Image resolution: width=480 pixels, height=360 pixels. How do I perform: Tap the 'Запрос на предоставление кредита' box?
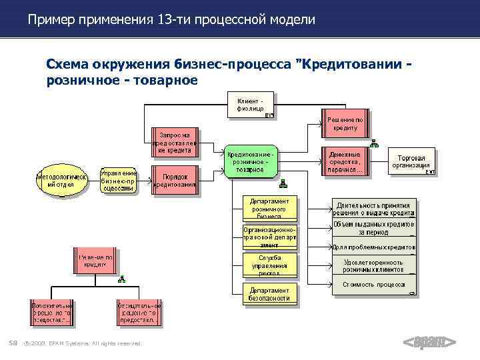(175, 142)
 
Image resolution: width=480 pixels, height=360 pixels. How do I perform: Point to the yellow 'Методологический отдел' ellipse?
(61, 181)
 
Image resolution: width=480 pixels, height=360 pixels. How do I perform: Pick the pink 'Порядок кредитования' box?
(175, 181)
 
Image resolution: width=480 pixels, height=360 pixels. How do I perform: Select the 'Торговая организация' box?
(411, 161)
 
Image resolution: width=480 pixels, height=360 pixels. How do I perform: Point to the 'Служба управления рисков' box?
(270, 265)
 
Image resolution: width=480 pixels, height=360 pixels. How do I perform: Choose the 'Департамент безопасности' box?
(270, 294)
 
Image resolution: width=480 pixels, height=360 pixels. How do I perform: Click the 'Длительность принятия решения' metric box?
(375, 208)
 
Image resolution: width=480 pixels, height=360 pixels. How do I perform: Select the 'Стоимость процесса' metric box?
(375, 285)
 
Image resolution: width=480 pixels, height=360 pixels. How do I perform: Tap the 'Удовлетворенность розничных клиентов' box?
(375, 266)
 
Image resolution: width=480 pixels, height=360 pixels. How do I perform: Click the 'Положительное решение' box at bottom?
(51, 312)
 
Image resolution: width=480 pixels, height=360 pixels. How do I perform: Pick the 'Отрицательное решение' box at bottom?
(138, 312)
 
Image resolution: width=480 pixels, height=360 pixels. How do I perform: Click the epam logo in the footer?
(430, 343)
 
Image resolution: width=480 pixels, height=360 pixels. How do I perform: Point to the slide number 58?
(13, 343)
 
